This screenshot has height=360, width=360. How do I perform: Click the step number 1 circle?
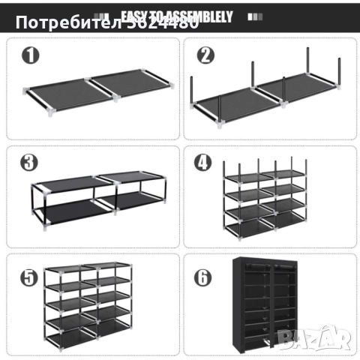[29, 55]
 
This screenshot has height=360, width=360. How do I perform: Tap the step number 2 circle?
[205, 55]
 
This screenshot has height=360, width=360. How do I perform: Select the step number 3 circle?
[29, 163]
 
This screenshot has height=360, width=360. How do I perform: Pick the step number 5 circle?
[29, 277]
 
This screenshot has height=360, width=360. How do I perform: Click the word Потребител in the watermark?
[61, 22]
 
